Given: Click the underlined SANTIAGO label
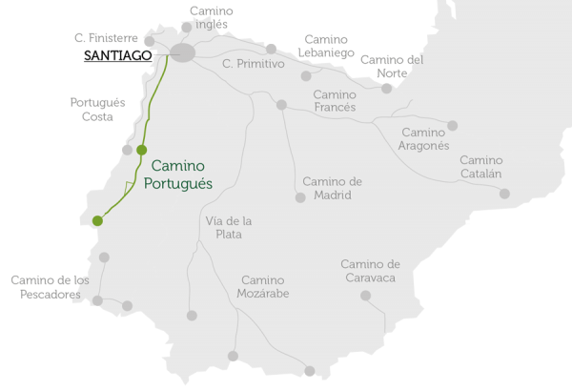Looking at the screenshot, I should [118, 56].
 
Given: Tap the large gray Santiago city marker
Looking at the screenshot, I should [182, 53].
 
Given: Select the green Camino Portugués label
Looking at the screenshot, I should [182, 174].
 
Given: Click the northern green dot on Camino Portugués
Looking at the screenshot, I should [142, 150].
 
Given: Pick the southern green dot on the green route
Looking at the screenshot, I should [97, 221].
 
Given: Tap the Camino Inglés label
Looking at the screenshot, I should [211, 18].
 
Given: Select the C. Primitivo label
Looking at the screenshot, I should [254, 64].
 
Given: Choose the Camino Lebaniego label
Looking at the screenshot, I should [329, 46].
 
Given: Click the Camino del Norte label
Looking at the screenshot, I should [392, 67].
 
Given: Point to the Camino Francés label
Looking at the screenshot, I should [335, 101].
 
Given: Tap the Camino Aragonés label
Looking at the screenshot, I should [424, 138].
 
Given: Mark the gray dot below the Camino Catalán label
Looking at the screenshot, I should [504, 194].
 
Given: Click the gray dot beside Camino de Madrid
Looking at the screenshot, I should [300, 197].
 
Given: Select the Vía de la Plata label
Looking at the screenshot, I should [229, 228].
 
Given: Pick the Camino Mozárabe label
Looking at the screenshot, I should [264, 287].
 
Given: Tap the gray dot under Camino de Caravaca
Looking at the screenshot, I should [365, 296].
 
